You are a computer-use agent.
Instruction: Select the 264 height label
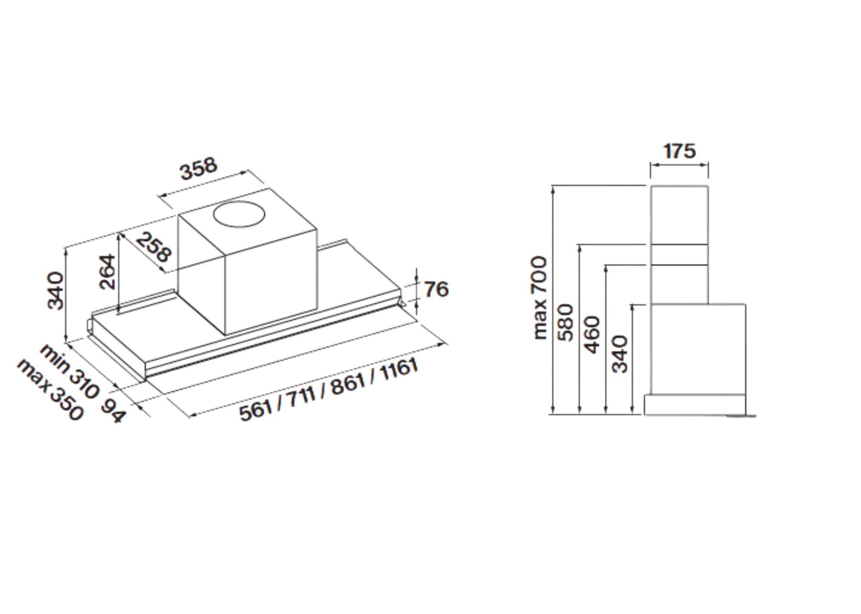[107, 272]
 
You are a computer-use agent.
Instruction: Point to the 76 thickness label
[436, 289]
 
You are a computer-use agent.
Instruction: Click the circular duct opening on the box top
[239, 214]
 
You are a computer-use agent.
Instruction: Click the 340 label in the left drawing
[56, 291]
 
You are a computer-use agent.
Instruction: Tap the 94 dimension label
[113, 411]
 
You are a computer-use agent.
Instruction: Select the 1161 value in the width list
[399, 369]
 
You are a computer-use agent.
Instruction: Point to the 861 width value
[348, 384]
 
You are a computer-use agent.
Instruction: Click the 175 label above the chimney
[679, 151]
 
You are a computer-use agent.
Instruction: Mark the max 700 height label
[539, 298]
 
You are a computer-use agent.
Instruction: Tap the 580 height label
[566, 323]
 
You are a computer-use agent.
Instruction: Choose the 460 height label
[592, 335]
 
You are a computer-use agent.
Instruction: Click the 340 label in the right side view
[620, 354]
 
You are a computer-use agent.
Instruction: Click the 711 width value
[301, 397]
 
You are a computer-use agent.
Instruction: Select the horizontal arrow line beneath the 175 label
[679, 165]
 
